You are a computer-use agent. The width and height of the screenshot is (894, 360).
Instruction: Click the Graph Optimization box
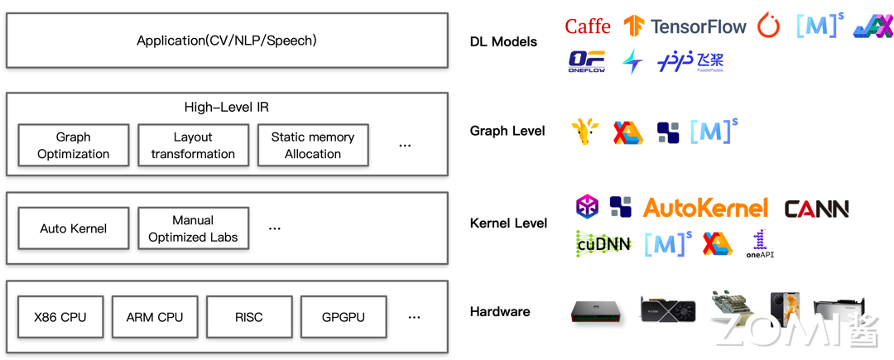[74, 146]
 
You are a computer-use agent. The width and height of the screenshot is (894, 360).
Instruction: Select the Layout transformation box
[193, 146]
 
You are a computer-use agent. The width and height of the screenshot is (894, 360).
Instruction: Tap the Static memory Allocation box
[313, 146]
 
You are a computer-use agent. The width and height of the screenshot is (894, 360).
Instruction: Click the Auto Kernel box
[74, 228]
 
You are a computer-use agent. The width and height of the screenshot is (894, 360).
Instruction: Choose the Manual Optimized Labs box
[193, 228]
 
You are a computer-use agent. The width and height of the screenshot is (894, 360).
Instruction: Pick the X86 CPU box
[60, 317]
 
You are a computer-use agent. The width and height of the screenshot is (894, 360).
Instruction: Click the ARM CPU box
[155, 317]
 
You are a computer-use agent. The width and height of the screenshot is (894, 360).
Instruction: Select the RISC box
[249, 317]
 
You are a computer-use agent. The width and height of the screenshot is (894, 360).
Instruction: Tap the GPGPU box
[344, 317]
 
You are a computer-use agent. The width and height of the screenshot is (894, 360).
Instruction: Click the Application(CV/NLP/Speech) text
[227, 41]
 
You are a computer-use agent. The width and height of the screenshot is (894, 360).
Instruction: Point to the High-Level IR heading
[227, 108]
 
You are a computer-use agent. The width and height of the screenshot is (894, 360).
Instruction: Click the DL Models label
[503, 41]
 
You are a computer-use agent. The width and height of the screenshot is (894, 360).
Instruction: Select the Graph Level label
[507, 131]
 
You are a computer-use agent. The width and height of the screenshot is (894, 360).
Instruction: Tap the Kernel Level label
[508, 223]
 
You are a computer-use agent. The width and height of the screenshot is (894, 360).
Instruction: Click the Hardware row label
[500, 312]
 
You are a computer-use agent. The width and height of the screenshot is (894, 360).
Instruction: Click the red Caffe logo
[588, 26]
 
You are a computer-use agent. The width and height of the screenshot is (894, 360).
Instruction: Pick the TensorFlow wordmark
[698, 26]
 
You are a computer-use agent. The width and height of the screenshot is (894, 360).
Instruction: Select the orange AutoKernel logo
[705, 208]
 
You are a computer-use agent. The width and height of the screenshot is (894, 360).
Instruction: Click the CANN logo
[816, 209]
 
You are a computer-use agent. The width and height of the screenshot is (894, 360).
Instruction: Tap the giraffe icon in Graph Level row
[584, 132]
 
